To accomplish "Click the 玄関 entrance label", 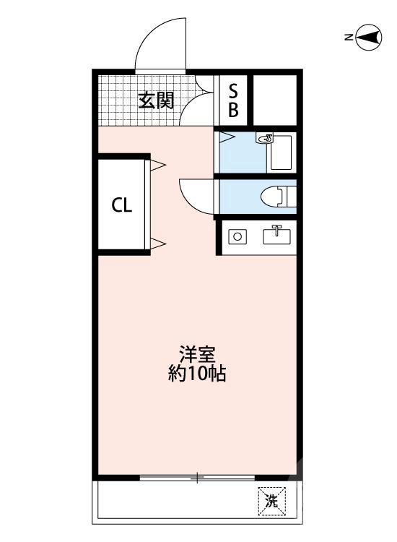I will [x=157, y=100].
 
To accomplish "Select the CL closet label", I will [x=122, y=205].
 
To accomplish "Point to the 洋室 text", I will [x=196, y=356].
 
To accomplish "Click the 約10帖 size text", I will [x=196, y=374].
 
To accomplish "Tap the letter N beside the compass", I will [x=348, y=37].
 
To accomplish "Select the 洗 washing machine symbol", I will [x=271, y=500].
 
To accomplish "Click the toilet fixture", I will [x=278, y=196].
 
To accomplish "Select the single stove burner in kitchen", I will [x=236, y=236].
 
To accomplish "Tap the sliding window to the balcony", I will [x=196, y=478].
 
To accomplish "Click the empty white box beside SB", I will [x=274, y=100].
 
